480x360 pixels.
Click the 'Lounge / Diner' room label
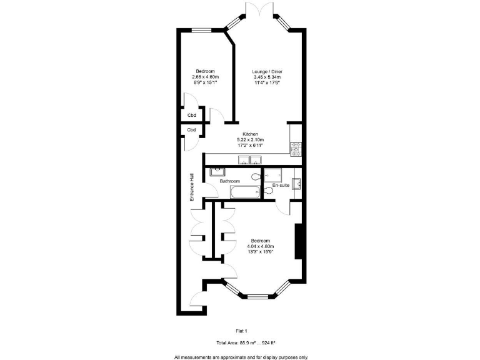(267, 72)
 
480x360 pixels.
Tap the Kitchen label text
(251, 134)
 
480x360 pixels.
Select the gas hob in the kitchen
(296, 149)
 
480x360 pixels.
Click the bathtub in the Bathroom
(244, 192)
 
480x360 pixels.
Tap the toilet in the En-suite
(269, 190)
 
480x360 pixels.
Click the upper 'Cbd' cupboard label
(192, 115)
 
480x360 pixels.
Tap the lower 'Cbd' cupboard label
(192, 130)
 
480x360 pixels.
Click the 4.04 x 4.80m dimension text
(261, 246)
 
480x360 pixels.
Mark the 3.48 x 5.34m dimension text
(267, 77)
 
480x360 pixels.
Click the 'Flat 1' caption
(241, 331)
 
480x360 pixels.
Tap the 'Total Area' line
(246, 343)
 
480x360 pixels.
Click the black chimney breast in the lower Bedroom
(298, 240)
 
